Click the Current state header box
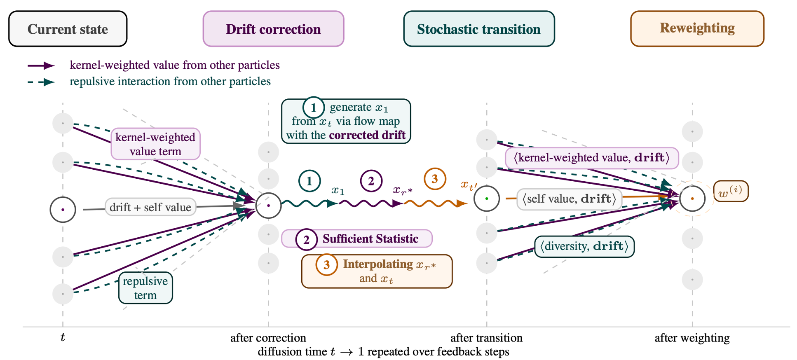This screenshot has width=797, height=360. point(68,29)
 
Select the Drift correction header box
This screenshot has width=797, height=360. point(273,29)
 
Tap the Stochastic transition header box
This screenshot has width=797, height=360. point(479,29)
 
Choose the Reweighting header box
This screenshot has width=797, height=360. point(697,28)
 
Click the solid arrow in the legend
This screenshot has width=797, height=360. point(41,65)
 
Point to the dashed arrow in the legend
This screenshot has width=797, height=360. point(41,82)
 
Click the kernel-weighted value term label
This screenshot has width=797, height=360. point(155,144)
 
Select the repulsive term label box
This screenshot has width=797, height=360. point(145,288)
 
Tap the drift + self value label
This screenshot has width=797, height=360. point(150,207)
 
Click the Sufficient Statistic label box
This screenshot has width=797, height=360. point(357,239)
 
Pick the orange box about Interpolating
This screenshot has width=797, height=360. point(377,271)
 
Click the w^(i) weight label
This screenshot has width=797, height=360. point(731,192)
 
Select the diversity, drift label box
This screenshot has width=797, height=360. point(584,246)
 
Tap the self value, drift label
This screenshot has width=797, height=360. point(569,199)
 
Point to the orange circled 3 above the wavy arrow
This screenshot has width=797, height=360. point(435,179)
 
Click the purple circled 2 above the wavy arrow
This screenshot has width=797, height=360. point(371,181)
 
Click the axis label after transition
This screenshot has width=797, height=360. point(486,338)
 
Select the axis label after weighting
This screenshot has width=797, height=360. point(692,338)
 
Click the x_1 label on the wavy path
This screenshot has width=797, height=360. point(338,190)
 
